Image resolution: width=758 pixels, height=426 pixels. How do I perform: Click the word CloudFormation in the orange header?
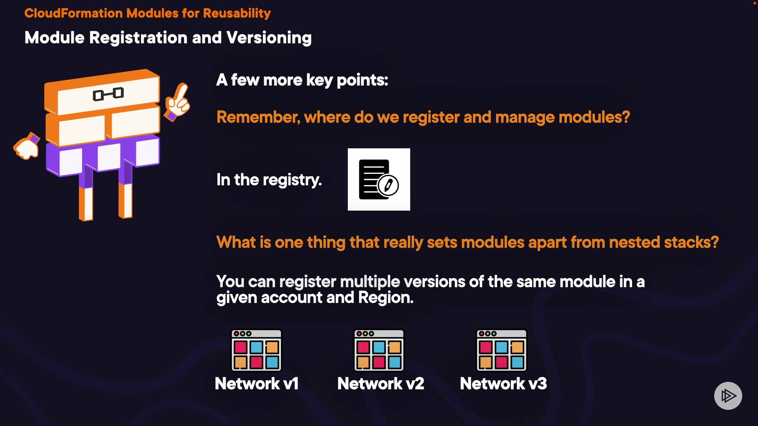pos(74,13)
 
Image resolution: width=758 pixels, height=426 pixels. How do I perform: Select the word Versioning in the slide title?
pos(269,38)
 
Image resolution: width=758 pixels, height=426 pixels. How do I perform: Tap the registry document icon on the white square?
pos(379,179)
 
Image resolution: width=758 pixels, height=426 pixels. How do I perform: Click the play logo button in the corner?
pos(728,396)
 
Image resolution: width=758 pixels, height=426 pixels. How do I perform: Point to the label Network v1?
pos(257,383)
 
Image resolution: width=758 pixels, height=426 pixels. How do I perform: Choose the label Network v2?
pos(381,383)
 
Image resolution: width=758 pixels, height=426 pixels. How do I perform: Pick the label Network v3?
pos(503,383)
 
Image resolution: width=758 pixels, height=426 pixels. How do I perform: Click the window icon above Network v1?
pos(257,350)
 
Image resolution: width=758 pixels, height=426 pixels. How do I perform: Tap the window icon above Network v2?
pos(379,350)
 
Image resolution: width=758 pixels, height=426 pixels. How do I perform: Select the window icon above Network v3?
pos(502,350)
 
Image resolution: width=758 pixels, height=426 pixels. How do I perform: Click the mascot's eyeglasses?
pos(108,94)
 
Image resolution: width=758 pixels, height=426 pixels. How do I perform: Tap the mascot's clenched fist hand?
pos(27,146)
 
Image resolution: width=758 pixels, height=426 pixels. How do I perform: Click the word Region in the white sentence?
pos(386,298)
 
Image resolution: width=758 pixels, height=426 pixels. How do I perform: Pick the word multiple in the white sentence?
pos(370,282)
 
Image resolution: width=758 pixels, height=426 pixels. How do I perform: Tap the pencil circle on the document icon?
pos(388,185)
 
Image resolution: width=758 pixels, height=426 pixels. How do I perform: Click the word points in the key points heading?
pos(362,80)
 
